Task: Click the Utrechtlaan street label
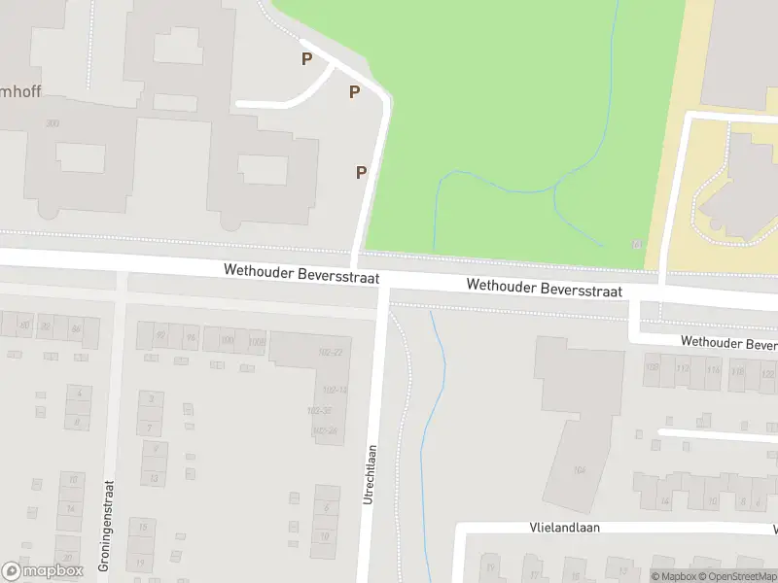[x=370, y=474]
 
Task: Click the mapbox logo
[x=42, y=571]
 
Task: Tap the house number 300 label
[x=52, y=123]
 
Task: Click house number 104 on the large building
[x=580, y=470]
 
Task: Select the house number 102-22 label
[x=332, y=352]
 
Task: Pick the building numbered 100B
[x=256, y=340]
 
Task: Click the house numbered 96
[x=191, y=338]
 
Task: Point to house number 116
[x=714, y=370]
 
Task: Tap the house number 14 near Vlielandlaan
[x=665, y=502]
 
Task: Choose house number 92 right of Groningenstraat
[x=161, y=337]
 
